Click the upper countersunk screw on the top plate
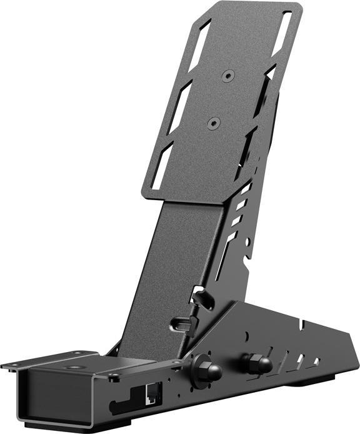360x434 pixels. point(228,75)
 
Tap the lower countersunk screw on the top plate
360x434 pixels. point(212,122)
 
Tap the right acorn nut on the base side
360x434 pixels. point(257,362)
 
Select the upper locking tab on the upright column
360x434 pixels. point(201,297)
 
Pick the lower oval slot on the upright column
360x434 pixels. point(181,325)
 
